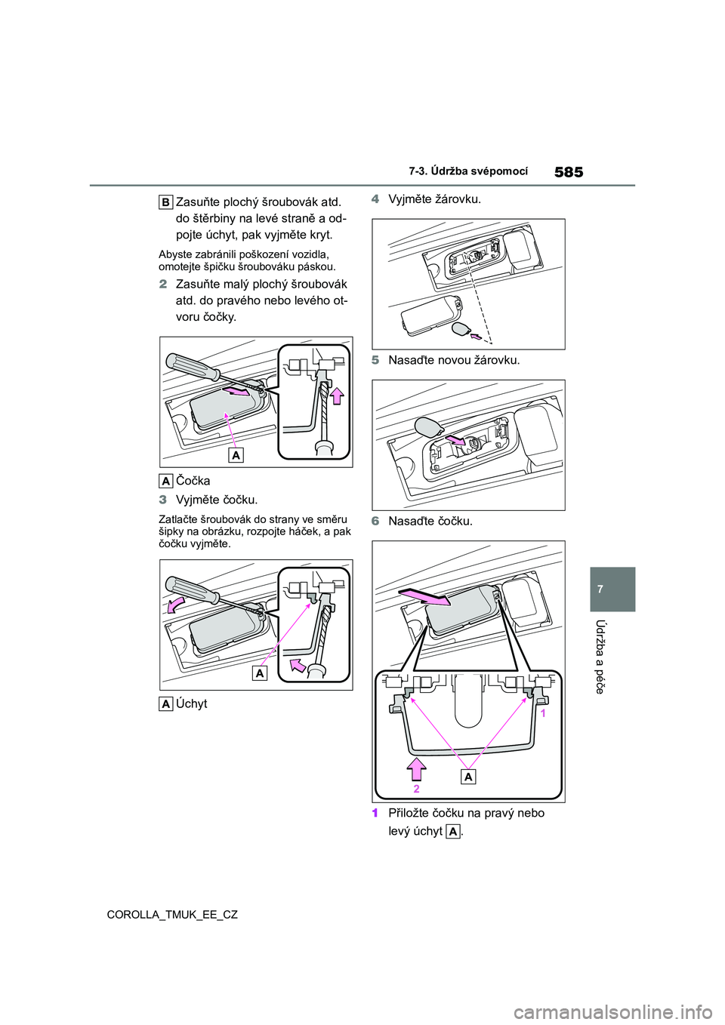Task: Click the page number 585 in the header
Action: [569, 173]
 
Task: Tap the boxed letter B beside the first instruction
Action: [166, 202]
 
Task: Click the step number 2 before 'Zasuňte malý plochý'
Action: [163, 285]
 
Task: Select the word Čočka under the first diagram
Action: [193, 481]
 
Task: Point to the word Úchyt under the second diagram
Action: [191, 703]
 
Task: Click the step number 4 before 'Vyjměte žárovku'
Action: [375, 199]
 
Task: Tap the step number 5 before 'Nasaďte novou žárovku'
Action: [375, 360]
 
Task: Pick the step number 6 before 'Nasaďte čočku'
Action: [375, 522]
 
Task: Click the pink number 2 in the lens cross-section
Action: [417, 789]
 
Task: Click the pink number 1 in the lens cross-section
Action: [543, 713]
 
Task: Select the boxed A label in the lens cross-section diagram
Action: [469, 777]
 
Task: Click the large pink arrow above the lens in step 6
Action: [424, 598]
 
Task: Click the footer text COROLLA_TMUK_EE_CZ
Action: [172, 915]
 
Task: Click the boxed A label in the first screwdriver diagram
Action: [236, 455]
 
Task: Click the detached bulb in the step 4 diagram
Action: [461, 329]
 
